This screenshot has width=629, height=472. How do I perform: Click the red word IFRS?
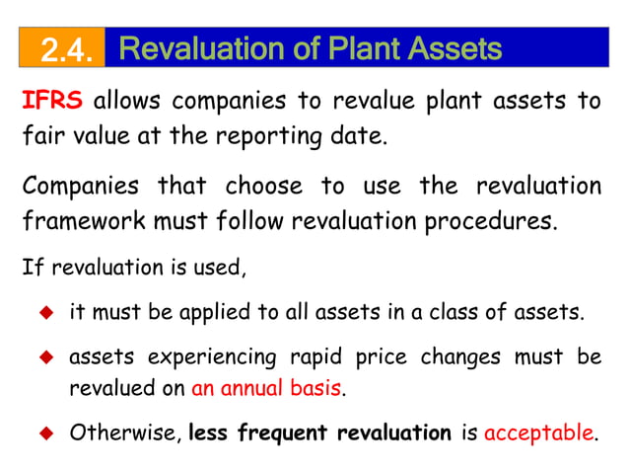point(52,102)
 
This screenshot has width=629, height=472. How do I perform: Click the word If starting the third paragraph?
point(30,268)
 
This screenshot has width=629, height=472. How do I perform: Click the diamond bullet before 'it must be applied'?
point(44,316)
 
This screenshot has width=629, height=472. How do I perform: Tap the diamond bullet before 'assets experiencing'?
point(44,356)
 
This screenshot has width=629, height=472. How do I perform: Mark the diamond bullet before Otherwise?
point(44,433)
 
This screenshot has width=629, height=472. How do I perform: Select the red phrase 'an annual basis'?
point(266,388)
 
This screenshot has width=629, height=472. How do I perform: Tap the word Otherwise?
point(123,433)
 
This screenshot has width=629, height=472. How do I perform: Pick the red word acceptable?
point(539,433)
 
